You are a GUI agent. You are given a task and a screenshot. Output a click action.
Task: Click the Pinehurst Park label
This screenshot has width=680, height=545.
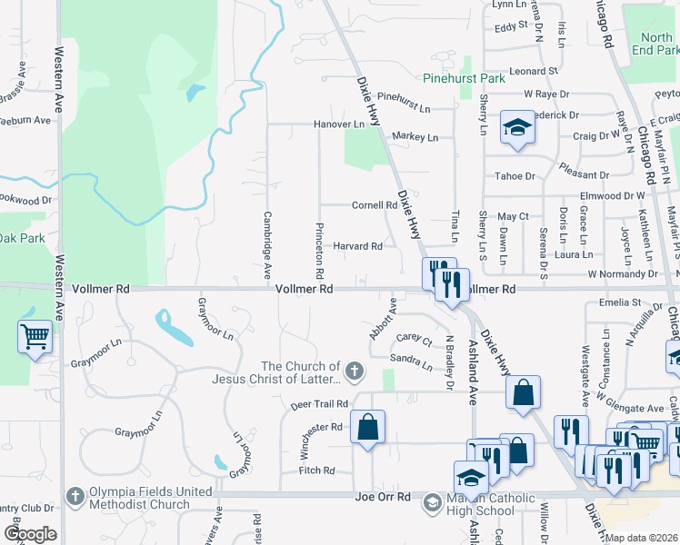click(467, 79)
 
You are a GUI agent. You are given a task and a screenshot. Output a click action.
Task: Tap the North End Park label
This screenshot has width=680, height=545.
click(656, 45)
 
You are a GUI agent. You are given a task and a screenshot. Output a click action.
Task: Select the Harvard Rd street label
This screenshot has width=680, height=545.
click(356, 246)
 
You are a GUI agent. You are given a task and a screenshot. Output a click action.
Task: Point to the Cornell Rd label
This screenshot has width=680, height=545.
click(375, 205)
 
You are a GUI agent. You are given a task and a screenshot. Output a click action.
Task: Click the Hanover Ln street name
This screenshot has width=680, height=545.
click(338, 124)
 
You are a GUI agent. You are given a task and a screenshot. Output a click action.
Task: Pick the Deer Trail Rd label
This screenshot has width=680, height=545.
click(319, 403)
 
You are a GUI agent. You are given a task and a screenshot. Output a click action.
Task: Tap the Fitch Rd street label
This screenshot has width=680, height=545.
click(317, 471)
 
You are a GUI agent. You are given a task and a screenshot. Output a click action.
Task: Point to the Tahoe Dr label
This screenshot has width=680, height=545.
click(515, 176)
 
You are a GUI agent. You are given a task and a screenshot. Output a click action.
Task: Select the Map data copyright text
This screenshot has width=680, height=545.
click(640, 538)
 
